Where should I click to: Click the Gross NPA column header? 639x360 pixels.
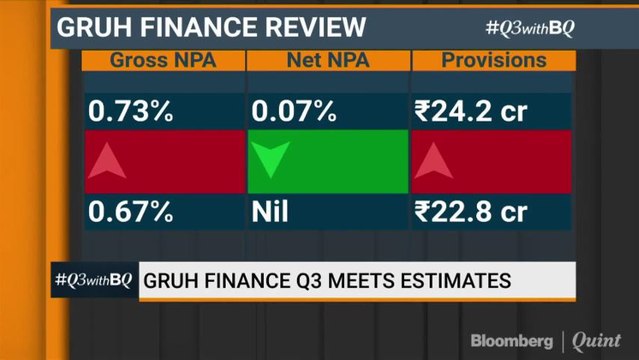pyautogui.click(x=164, y=60)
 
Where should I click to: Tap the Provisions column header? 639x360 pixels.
pyautogui.click(x=494, y=60)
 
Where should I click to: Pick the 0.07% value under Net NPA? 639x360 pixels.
pyautogui.click(x=293, y=112)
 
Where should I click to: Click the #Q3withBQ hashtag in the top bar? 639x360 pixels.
pyautogui.click(x=530, y=27)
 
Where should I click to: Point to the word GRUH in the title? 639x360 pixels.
pyautogui.click(x=91, y=26)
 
